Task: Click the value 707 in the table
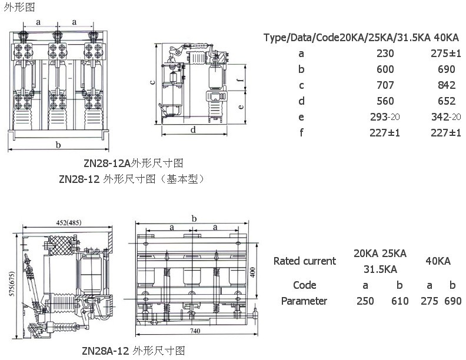pyautogui.click(x=385, y=85)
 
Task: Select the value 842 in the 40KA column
pyautogui.click(x=447, y=85)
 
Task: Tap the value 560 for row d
pyautogui.click(x=385, y=101)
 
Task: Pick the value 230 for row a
pyautogui.click(x=385, y=54)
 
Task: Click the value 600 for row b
pyautogui.click(x=385, y=69)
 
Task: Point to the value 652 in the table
pyautogui.click(x=447, y=101)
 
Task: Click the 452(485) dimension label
pyautogui.click(x=69, y=222)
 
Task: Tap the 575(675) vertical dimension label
pyautogui.click(x=12, y=284)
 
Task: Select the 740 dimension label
pyautogui.click(x=195, y=331)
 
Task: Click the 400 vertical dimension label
pyautogui.click(x=252, y=272)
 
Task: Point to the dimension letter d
pyautogui.click(x=193, y=129)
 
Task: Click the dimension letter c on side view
pyautogui.click(x=153, y=82)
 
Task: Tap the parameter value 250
pyautogui.click(x=365, y=301)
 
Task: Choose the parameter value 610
pyautogui.click(x=400, y=301)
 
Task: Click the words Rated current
pyautogui.click(x=305, y=261)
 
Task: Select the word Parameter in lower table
pyautogui.click(x=304, y=301)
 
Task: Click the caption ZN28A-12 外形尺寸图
pyautogui.click(x=134, y=351)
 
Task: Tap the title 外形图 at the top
pyautogui.click(x=19, y=7)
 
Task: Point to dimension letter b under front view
pyautogui.click(x=58, y=145)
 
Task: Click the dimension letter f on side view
pyautogui.click(x=241, y=79)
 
